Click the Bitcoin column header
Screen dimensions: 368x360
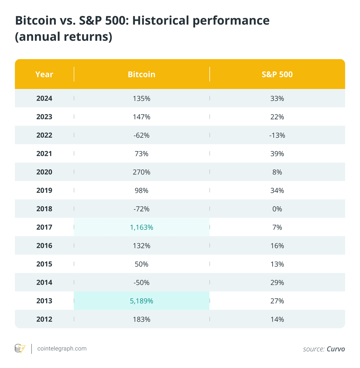click(x=141, y=74)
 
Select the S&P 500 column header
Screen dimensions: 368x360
click(x=277, y=74)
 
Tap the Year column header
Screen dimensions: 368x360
click(x=44, y=74)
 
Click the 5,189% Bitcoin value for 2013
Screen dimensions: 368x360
click(x=141, y=301)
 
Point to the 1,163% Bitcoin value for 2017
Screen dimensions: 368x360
click(x=141, y=227)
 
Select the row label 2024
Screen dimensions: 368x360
click(x=44, y=99)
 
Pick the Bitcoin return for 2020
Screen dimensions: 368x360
click(x=141, y=172)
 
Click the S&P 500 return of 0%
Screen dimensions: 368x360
click(x=277, y=209)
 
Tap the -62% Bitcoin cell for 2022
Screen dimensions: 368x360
click(x=141, y=135)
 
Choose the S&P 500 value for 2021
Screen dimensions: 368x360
click(x=277, y=154)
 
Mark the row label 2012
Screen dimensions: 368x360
click(x=44, y=319)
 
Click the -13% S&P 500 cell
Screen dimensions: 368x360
click(x=277, y=135)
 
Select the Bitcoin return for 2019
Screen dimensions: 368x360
click(x=141, y=190)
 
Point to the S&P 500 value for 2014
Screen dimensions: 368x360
click(x=277, y=282)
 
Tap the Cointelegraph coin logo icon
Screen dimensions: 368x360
click(x=20, y=349)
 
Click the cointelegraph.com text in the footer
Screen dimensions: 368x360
click(x=62, y=348)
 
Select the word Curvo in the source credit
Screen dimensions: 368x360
click(x=336, y=349)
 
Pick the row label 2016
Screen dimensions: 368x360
click(x=44, y=246)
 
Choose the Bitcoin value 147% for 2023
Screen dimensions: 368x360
click(x=141, y=117)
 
